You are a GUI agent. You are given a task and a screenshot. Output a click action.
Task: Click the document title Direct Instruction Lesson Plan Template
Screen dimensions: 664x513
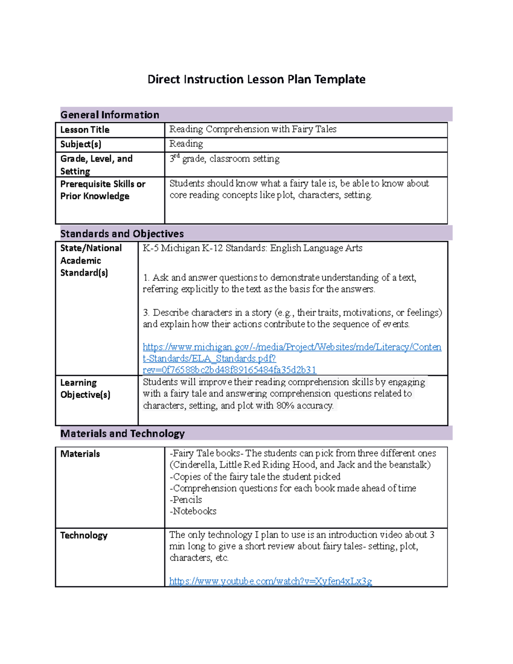point(256,80)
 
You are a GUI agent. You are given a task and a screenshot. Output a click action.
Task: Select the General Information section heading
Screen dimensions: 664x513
point(109,115)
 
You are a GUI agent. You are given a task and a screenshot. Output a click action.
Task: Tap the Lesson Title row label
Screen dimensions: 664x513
point(85,130)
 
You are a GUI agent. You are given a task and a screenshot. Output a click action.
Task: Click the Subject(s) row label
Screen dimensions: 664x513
point(80,144)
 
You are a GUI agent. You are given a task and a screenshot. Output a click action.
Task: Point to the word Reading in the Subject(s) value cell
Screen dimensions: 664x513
point(186,144)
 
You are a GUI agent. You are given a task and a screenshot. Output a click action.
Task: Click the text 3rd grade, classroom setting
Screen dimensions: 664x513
point(224,159)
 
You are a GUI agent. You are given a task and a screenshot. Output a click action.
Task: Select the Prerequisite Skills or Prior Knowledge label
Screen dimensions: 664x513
point(103,190)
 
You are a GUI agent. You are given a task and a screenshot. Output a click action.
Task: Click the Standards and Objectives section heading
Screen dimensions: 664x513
point(122,233)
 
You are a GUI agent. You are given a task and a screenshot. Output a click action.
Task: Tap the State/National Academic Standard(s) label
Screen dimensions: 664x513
point(91,260)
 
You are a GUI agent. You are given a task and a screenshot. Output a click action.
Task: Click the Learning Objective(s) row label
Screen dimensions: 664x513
point(85,388)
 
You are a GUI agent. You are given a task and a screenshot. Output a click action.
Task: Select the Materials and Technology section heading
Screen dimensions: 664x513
point(122,434)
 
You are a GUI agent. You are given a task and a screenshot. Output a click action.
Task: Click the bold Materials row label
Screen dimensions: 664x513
point(80,454)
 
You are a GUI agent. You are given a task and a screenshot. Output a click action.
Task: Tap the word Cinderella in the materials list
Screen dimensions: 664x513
point(192,465)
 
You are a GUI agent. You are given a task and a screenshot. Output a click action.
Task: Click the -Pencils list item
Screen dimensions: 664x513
point(186,499)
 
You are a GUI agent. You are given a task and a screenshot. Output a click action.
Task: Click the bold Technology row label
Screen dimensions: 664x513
point(84,535)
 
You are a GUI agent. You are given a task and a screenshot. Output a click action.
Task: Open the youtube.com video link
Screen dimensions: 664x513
point(270,581)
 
